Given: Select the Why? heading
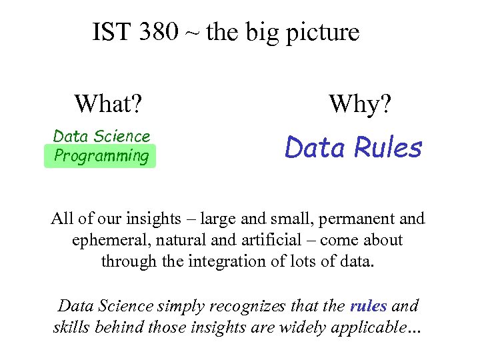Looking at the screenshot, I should [361, 104].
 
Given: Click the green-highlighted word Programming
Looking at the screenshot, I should [101, 157].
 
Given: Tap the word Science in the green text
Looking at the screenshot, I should [121, 137].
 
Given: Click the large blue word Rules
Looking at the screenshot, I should [389, 148].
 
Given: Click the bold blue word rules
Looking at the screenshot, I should [368, 307].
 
